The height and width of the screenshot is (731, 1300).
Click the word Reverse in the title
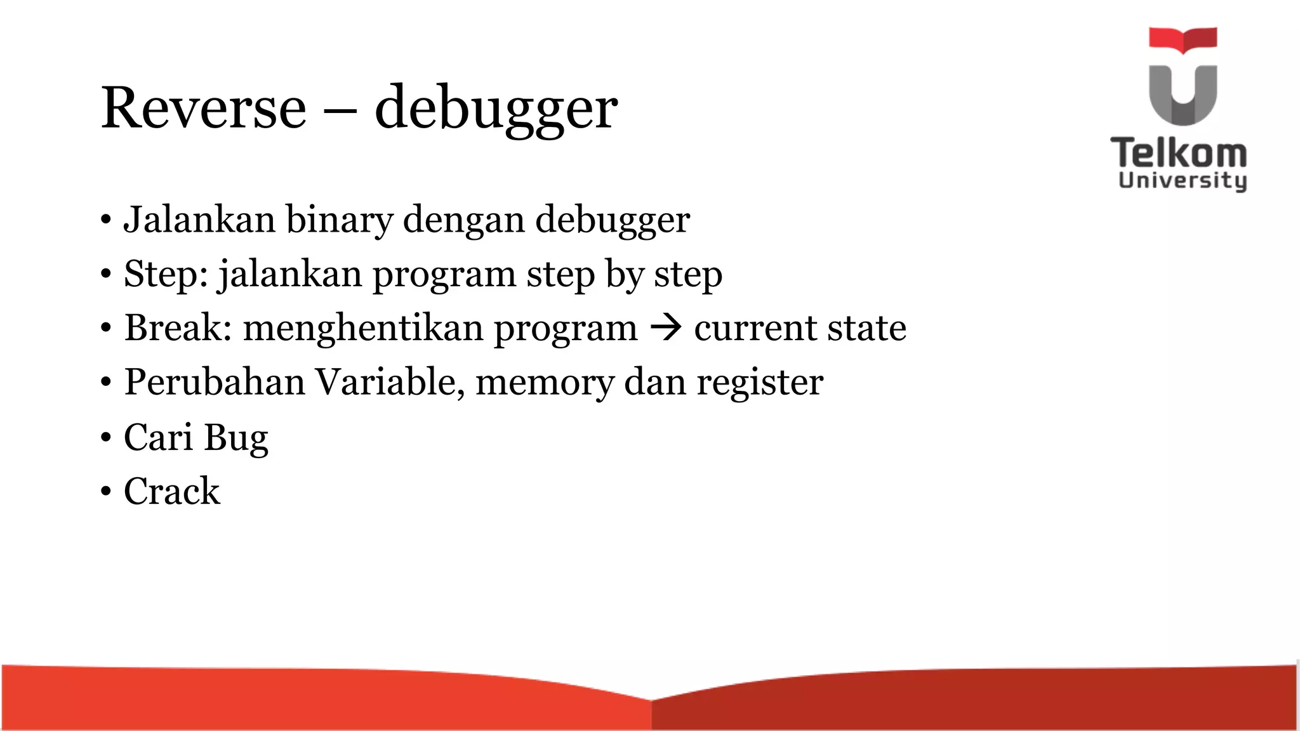point(204,108)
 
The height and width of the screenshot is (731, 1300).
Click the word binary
point(339,221)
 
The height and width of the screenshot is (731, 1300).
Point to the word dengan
point(463,221)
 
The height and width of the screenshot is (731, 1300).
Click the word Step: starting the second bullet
point(166,274)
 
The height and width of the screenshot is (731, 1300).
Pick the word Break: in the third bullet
point(178,327)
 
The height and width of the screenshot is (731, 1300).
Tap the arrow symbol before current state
point(666,327)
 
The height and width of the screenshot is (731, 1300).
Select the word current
point(746,328)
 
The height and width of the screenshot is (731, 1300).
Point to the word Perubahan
point(214,382)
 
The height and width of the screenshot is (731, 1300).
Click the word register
point(760,383)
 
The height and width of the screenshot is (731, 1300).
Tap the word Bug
point(236,438)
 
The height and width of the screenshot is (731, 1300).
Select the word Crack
point(171,491)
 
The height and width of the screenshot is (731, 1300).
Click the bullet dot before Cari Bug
point(105,437)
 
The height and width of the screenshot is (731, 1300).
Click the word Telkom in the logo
point(1179,154)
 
